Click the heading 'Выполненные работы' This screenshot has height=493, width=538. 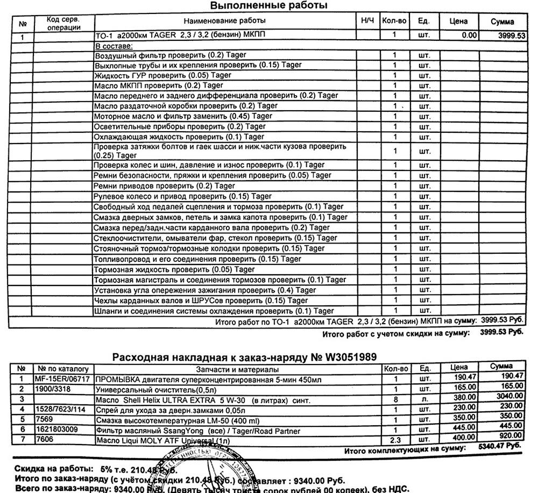268,6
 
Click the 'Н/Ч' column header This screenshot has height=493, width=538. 367,21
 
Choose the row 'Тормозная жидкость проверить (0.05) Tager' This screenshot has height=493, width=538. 174,269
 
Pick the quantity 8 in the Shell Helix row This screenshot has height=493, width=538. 395,399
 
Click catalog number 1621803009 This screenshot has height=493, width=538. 58,430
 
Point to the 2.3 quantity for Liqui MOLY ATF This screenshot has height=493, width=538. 395,440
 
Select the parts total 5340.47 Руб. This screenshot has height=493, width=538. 500,447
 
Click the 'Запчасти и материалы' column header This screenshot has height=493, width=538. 237,370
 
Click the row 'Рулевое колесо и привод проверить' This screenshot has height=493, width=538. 182,196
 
